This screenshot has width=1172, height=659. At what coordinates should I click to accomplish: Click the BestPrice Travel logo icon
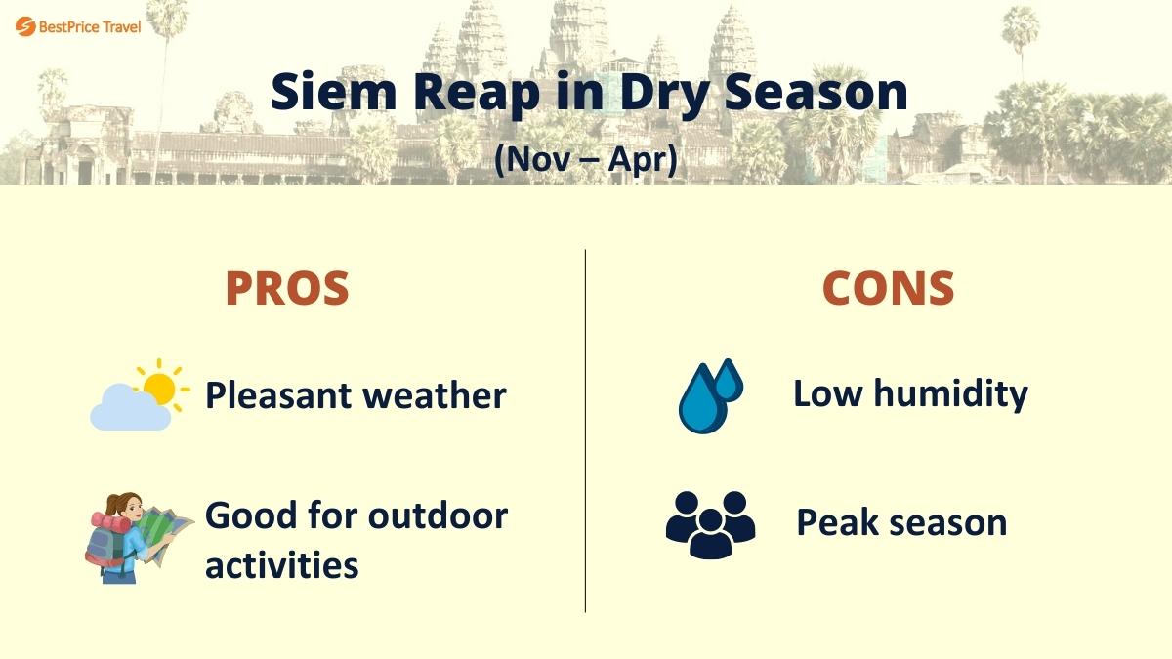tap(25, 26)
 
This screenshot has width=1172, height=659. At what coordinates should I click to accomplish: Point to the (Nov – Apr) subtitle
tap(585, 158)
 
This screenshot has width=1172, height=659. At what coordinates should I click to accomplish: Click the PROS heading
tap(287, 289)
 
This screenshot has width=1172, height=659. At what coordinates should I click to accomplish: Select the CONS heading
tap(888, 289)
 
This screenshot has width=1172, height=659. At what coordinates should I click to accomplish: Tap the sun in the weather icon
tap(157, 387)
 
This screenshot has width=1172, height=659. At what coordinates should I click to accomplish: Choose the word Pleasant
tap(278, 395)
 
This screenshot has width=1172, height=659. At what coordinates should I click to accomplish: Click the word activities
tap(281, 564)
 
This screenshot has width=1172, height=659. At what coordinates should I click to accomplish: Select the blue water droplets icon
tap(710, 395)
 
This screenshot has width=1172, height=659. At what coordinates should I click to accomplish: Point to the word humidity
tap(950, 393)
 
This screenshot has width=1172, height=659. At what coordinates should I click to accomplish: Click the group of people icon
tap(710, 524)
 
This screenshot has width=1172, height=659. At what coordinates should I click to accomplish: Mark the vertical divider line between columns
tap(585, 430)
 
